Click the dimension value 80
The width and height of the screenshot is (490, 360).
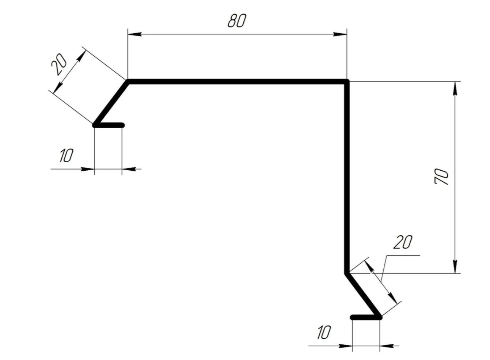[237, 21]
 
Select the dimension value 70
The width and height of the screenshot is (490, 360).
[441, 177]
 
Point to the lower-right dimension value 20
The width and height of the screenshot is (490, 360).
[403, 242]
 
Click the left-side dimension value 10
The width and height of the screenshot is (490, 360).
[67, 155]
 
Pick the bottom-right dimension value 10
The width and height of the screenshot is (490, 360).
[324, 332]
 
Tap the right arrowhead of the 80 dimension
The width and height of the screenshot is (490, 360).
[340, 34]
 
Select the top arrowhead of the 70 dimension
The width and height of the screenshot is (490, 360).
[455, 88]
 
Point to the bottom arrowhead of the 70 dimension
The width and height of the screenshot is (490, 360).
[455, 266]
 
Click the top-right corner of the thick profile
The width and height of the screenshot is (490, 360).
[347, 82]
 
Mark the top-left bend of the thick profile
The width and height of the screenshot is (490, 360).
[128, 82]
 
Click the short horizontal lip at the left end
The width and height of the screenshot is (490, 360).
[109, 125]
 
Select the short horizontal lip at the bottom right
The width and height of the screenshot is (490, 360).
[366, 317]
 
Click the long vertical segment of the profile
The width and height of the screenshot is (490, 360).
[347, 178]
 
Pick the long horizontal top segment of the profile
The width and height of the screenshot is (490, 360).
[237, 82]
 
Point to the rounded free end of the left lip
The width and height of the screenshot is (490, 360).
[122, 125]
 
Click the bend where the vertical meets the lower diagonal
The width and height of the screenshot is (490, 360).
[347, 273]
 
